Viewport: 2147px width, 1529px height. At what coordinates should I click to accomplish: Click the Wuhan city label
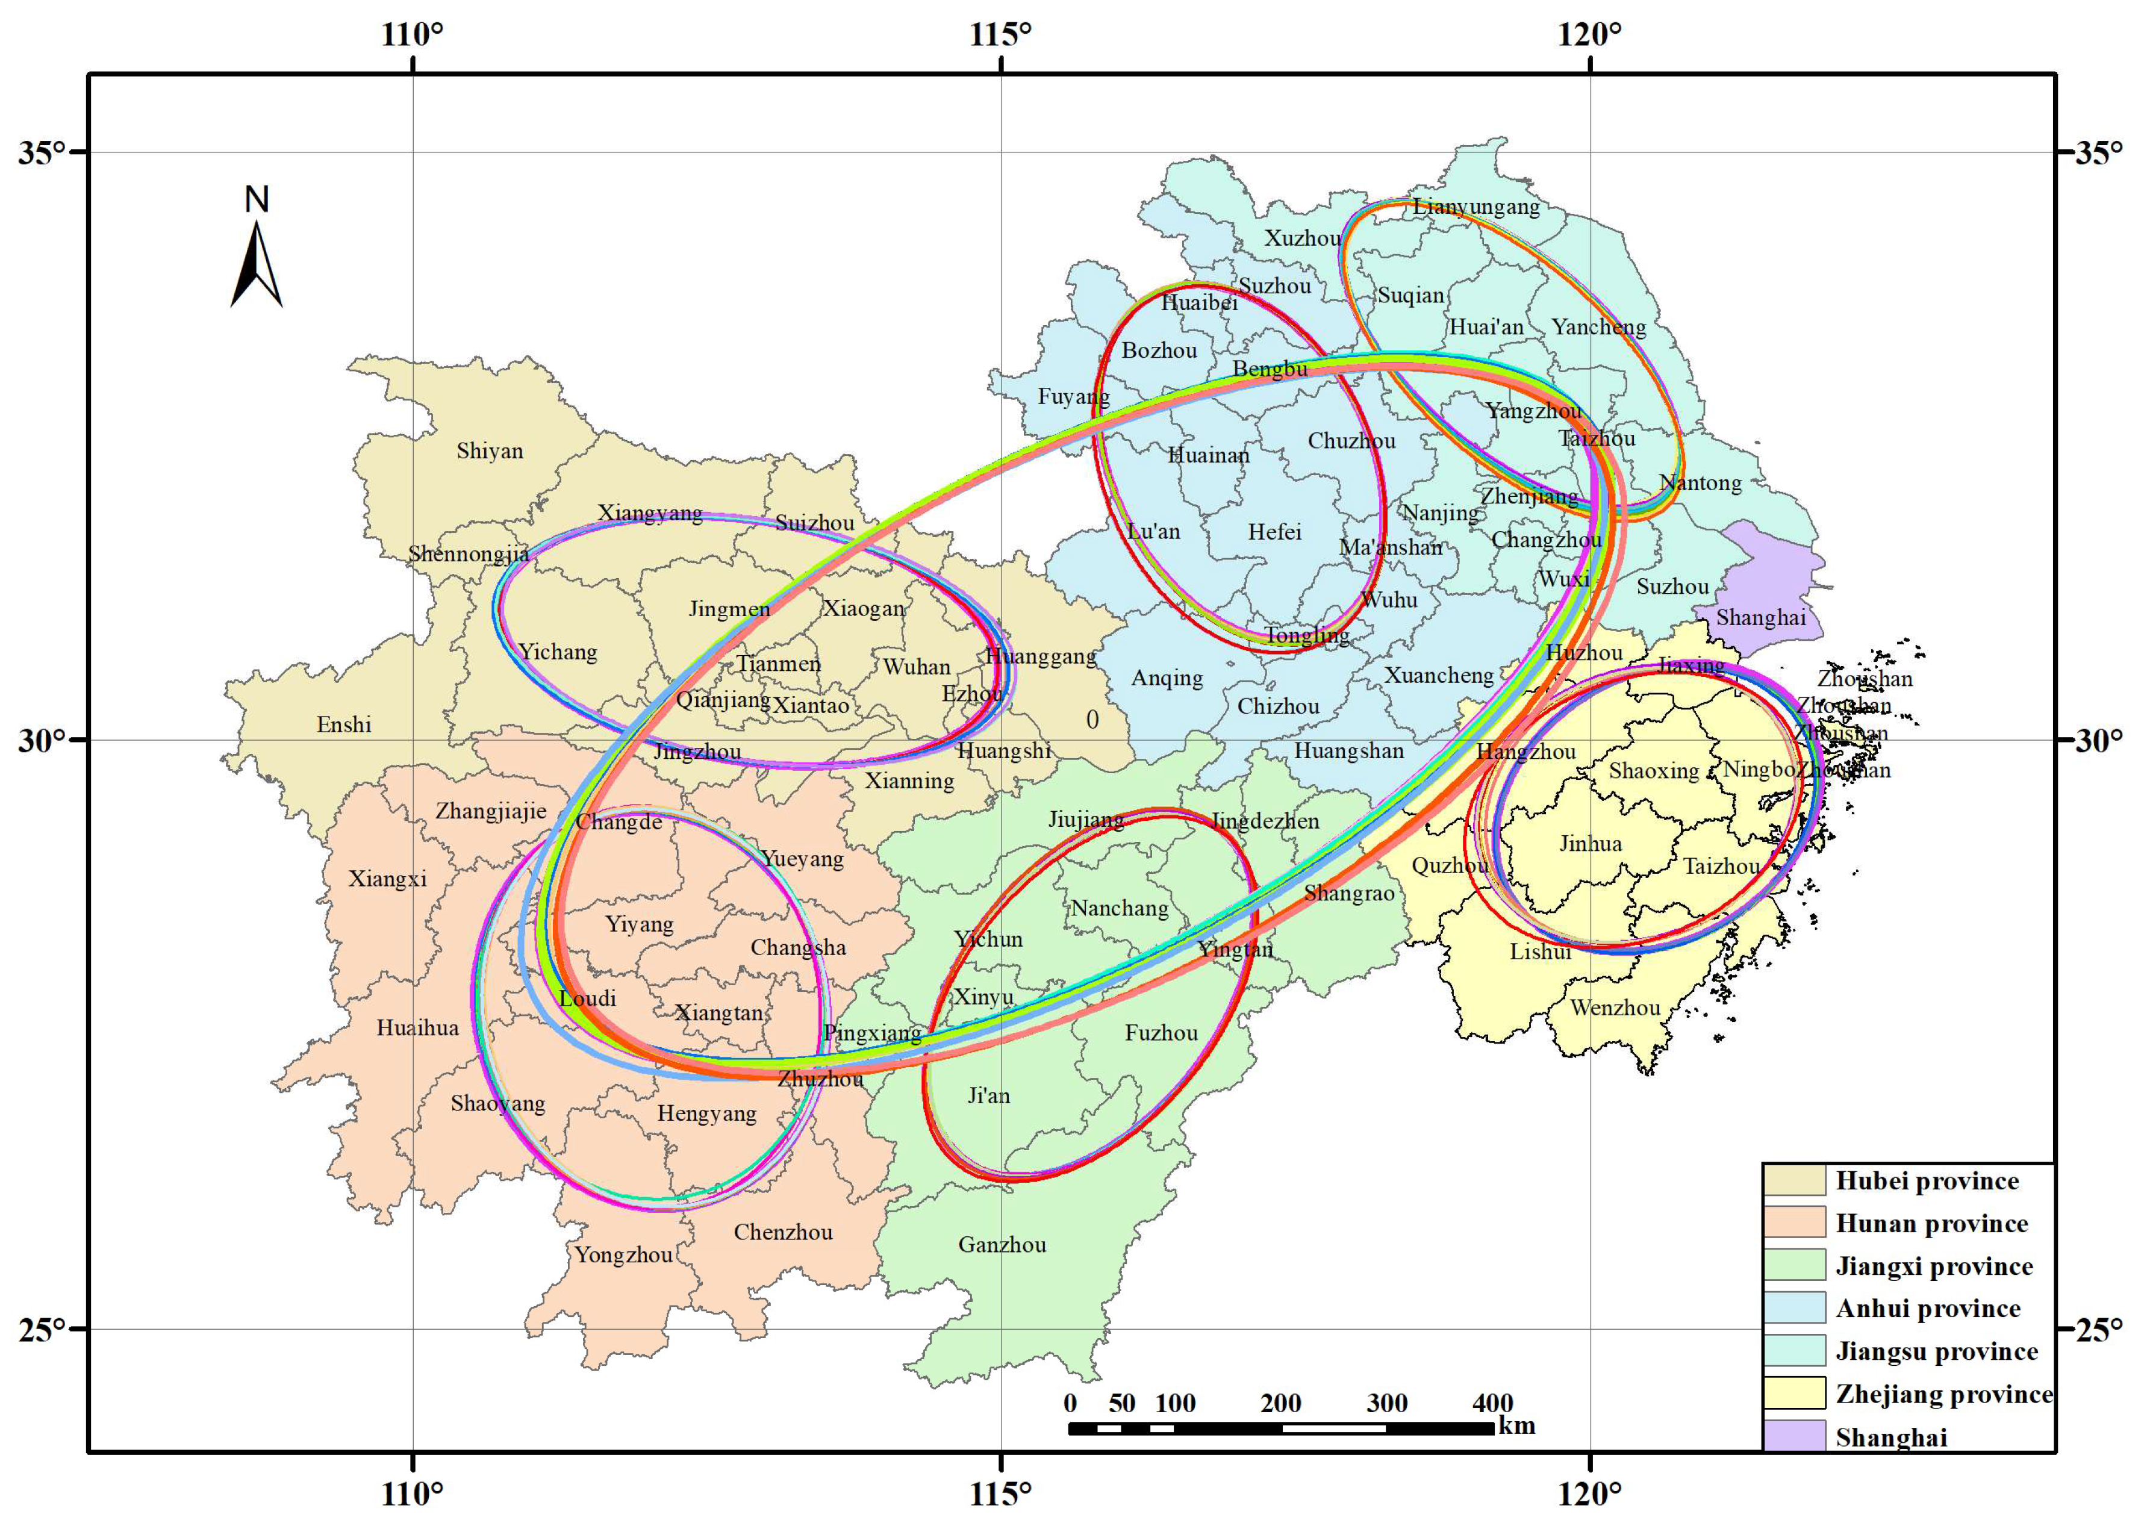click(x=915, y=667)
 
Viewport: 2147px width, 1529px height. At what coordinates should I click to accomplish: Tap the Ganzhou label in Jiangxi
click(x=1002, y=1245)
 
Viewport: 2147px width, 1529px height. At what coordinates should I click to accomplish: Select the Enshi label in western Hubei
click(x=344, y=725)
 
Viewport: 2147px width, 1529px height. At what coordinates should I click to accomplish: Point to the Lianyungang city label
click(x=1475, y=207)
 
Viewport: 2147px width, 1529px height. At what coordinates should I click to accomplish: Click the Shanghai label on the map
click(x=1760, y=618)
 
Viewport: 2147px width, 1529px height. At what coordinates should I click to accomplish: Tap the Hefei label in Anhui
click(x=1274, y=532)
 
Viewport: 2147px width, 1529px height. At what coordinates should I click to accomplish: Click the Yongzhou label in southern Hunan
click(x=623, y=1255)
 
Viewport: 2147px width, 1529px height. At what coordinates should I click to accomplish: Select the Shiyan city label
click(x=490, y=451)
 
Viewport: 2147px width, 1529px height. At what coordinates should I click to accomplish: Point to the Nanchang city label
click(x=1119, y=909)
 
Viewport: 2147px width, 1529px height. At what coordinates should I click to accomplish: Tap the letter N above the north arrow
click(x=256, y=199)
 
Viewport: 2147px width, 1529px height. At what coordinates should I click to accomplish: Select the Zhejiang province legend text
click(x=1943, y=1394)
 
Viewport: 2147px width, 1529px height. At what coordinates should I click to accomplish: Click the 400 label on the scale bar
click(x=1492, y=1404)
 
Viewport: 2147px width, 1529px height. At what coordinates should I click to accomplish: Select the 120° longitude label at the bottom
click(x=1589, y=1493)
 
